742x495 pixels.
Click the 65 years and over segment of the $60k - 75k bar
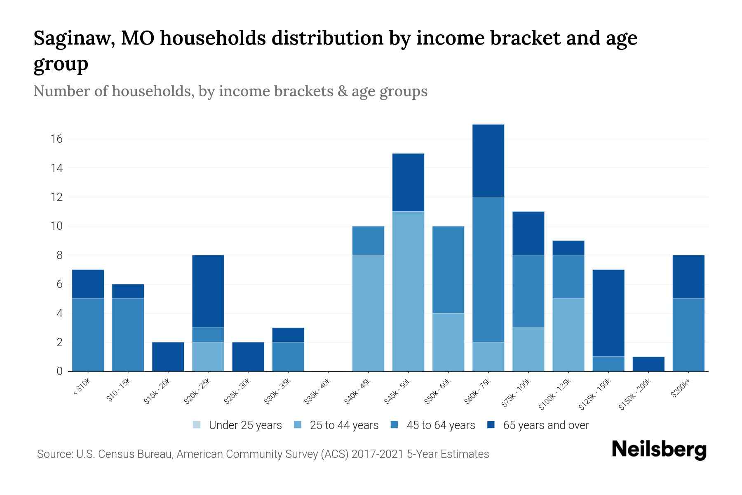click(x=488, y=161)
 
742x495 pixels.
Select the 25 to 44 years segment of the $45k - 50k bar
click(x=408, y=291)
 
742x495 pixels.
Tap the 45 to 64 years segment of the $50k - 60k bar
click(x=448, y=270)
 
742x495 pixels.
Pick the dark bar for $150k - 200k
click(x=648, y=364)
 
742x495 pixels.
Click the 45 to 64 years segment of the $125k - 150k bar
click(x=608, y=364)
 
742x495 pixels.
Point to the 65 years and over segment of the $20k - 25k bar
click(x=208, y=292)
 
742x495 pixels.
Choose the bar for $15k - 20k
click(x=168, y=357)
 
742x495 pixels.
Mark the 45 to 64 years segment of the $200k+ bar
click(x=688, y=335)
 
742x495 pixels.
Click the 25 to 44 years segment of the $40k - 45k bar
click(x=368, y=313)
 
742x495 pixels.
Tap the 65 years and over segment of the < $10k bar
click(x=88, y=284)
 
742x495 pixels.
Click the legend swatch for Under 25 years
click(x=197, y=425)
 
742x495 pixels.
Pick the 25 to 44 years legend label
click(x=344, y=425)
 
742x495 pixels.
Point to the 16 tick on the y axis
click(x=57, y=139)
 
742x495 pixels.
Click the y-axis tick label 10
click(x=57, y=226)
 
